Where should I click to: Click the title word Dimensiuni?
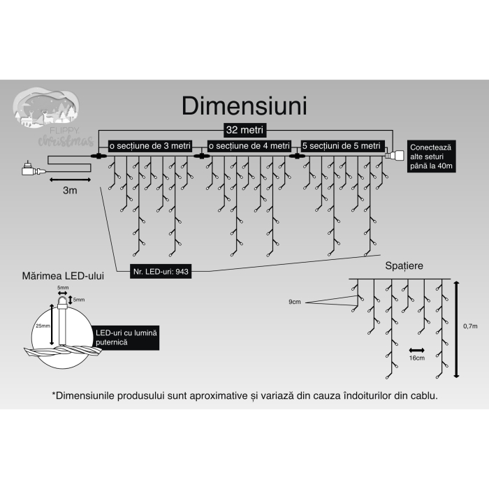[244, 105]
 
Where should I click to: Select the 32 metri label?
[244, 130]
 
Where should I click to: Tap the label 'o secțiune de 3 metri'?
[149, 145]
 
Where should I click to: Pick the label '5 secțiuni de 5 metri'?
[342, 145]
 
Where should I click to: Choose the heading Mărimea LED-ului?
[64, 277]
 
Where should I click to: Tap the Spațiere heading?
[403, 266]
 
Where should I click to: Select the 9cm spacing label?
[295, 302]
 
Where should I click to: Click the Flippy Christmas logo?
[54, 119]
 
